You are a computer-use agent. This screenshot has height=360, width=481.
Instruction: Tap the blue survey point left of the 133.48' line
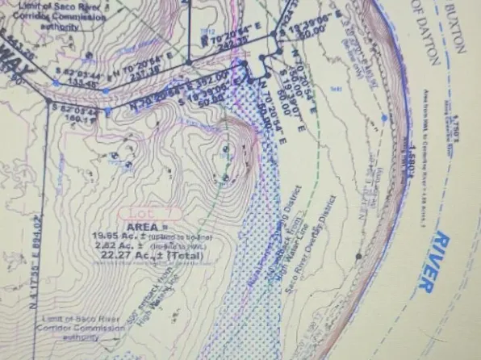click(x=56, y=81)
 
